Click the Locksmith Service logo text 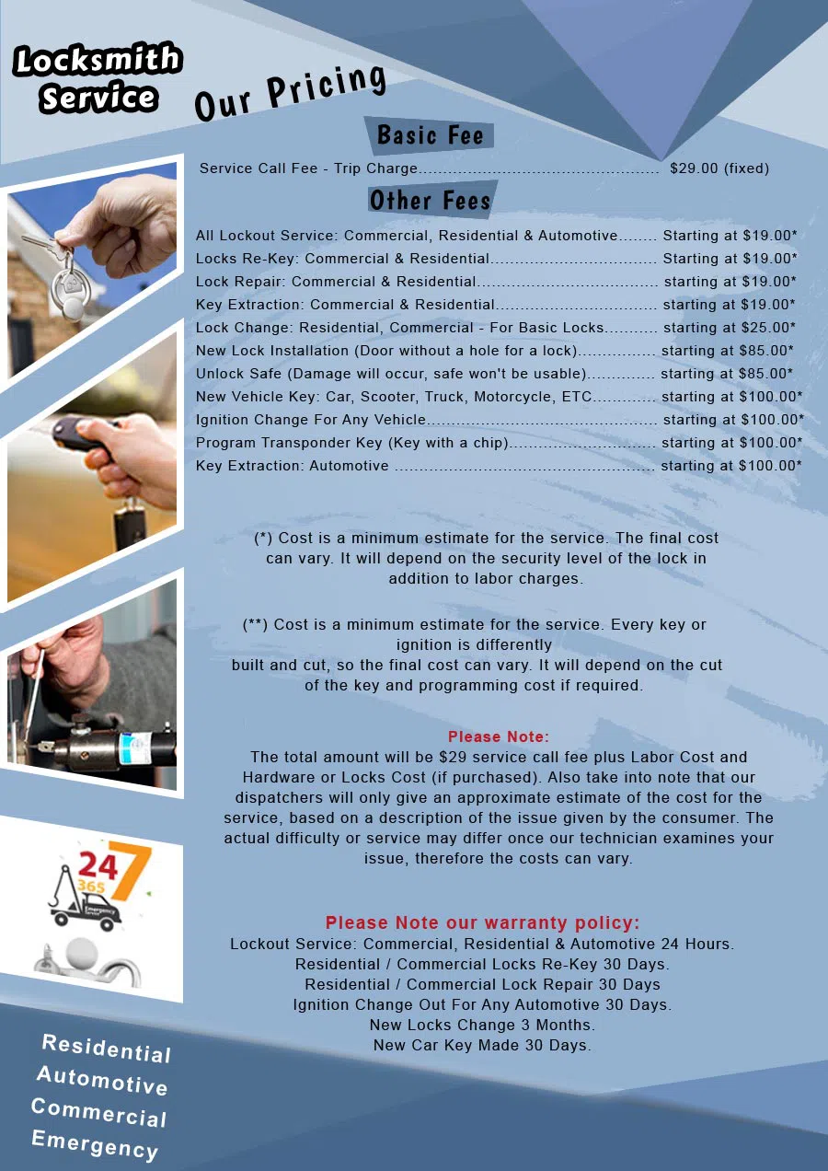coord(98,78)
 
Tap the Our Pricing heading coord(290,93)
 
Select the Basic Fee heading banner coord(430,135)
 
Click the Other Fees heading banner coord(430,200)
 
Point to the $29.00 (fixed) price coord(719,168)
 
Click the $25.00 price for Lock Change coord(767,328)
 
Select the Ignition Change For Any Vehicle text coord(311,420)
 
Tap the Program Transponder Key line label coord(352,443)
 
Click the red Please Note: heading coord(498,736)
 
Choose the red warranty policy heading coord(482,922)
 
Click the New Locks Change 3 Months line coord(482,1025)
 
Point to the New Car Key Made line coord(482,1045)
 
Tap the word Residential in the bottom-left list coord(107,1049)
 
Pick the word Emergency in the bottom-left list coord(95,1144)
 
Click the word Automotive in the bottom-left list coord(102,1081)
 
